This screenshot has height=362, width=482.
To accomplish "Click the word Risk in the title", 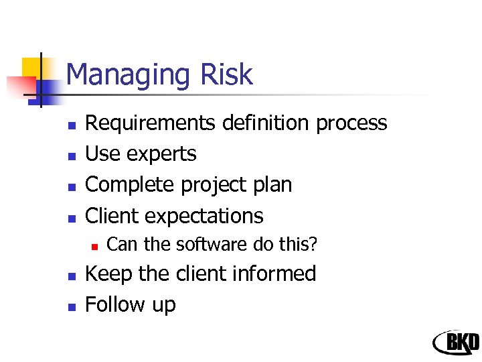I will click(x=228, y=74).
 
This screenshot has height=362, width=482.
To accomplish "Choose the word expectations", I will click(x=204, y=217).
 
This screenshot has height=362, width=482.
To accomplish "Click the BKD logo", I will click(x=456, y=342).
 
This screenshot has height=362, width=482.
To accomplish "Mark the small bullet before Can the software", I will click(x=94, y=246).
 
